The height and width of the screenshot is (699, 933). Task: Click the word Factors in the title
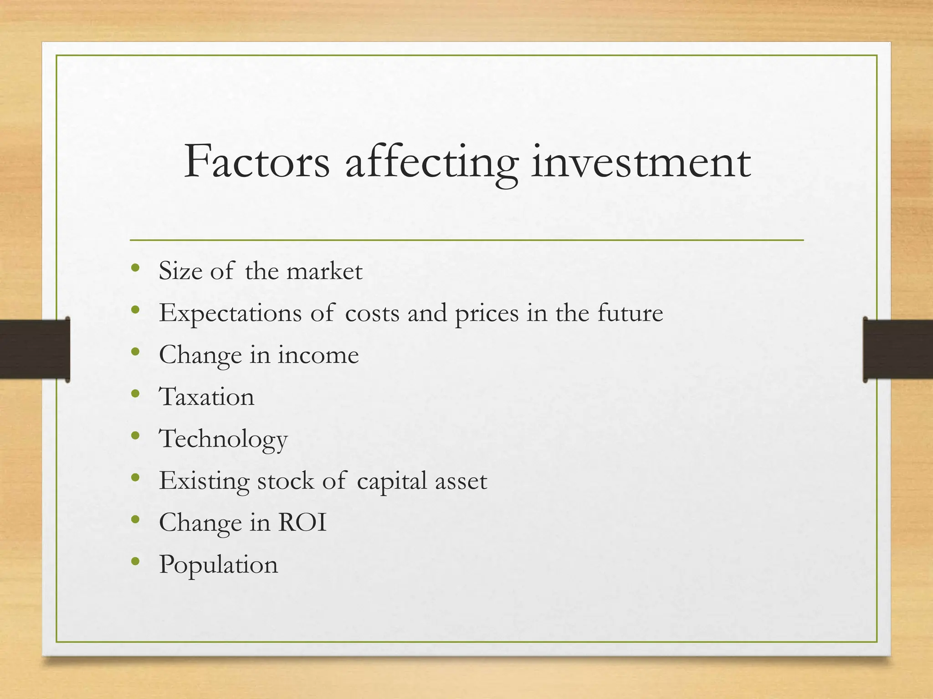pyautogui.click(x=256, y=162)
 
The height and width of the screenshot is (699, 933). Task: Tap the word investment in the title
pyautogui.click(x=641, y=162)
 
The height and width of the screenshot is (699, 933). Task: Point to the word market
pyautogui.click(x=324, y=271)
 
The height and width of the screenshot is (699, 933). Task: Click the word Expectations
pyautogui.click(x=230, y=314)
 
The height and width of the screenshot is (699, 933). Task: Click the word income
pyautogui.click(x=318, y=355)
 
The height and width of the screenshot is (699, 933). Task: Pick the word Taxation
pyautogui.click(x=206, y=397)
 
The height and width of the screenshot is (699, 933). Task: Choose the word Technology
pyautogui.click(x=223, y=440)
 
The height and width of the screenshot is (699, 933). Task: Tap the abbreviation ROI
pyautogui.click(x=302, y=522)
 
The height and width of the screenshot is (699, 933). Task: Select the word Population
pyautogui.click(x=218, y=565)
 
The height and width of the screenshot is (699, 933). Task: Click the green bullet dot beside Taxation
pyautogui.click(x=135, y=394)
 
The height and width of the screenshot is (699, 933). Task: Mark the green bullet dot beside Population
pyautogui.click(x=135, y=561)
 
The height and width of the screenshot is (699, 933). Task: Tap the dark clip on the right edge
pyautogui.click(x=897, y=349)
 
